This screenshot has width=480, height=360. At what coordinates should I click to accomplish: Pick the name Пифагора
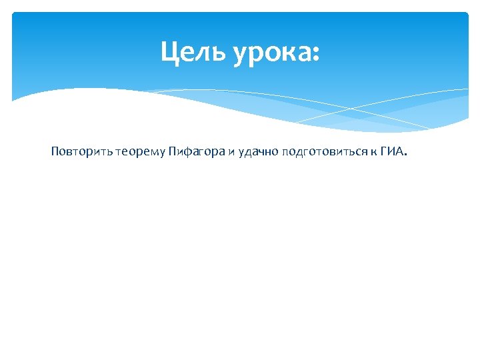(x=196, y=152)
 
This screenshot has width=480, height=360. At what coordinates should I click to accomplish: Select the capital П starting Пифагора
(x=171, y=151)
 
